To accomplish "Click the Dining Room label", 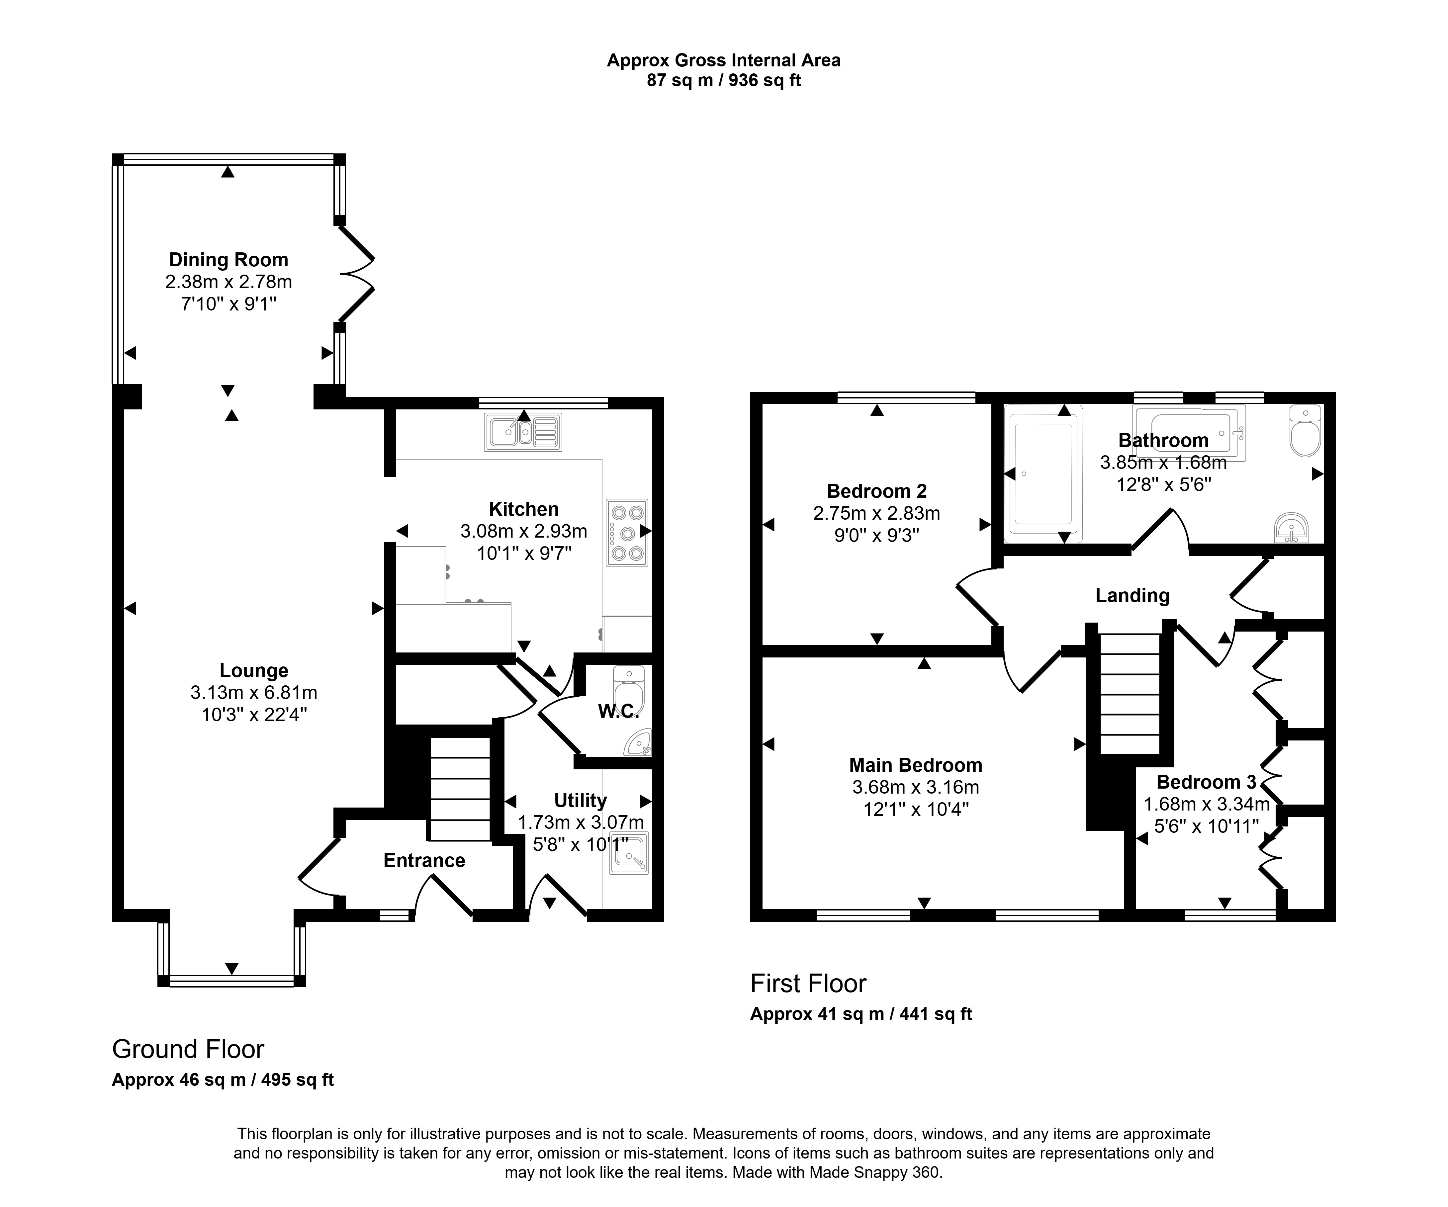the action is [x=228, y=260].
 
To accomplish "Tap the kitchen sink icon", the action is [x=523, y=432].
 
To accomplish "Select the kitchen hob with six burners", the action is [x=627, y=532].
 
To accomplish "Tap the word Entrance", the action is [x=424, y=860].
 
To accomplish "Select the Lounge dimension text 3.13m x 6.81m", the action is [x=254, y=692].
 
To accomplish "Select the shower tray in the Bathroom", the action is [x=1043, y=470].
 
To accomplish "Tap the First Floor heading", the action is [x=808, y=984].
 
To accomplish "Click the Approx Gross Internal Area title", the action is [x=723, y=61].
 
